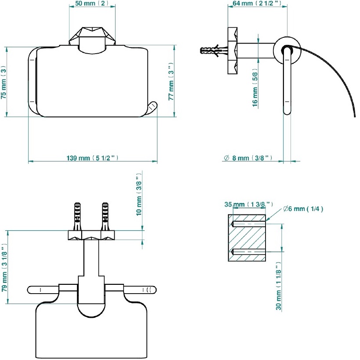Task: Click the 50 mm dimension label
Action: pos(92,4)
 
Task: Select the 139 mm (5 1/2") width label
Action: pos(92,158)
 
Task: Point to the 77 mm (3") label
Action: pos(171,81)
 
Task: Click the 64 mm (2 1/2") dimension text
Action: pos(257,3)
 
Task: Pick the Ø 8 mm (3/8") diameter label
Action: pos(248,158)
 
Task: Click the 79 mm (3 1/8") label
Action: pos(4,268)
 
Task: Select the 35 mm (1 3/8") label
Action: pos(249,204)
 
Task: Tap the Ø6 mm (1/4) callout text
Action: pos(303,209)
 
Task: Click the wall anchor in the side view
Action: pos(214,50)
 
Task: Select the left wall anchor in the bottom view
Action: pos(77,217)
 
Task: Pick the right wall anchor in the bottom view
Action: pos(105,217)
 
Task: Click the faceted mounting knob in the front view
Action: pos(92,36)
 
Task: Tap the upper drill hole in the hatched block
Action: pos(249,224)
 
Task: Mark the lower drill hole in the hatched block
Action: pos(249,251)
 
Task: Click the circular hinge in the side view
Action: pos(287,50)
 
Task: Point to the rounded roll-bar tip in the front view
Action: pos(152,109)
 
